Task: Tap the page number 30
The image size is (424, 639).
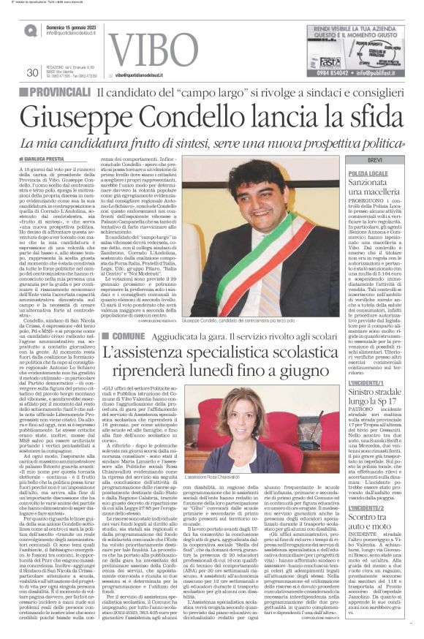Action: [x=32, y=72]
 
